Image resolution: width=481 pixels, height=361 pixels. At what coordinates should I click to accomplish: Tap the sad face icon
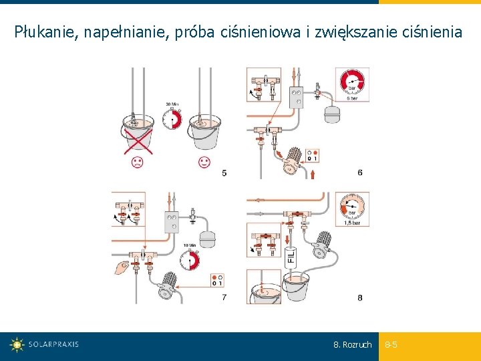click(136, 162)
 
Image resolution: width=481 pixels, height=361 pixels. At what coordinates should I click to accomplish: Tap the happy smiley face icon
click(204, 162)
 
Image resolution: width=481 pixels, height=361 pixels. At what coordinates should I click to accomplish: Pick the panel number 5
click(224, 173)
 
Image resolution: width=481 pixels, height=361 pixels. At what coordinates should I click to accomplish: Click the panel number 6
click(360, 172)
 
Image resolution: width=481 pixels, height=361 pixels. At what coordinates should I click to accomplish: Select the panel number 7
click(224, 297)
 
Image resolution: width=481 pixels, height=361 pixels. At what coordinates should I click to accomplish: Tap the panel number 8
click(360, 297)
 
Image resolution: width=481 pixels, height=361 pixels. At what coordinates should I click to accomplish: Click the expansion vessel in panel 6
click(332, 112)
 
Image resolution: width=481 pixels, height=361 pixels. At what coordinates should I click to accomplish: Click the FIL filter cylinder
click(291, 257)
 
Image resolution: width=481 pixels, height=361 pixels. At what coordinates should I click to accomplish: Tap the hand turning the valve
click(121, 268)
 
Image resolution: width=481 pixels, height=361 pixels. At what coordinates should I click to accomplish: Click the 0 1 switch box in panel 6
click(311, 155)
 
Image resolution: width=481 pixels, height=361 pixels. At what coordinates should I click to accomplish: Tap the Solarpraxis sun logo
click(17, 345)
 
